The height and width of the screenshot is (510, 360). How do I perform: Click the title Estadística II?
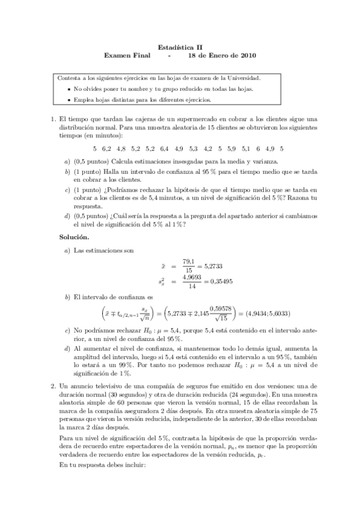[180, 45]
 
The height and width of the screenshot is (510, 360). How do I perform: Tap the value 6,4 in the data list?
[163, 148]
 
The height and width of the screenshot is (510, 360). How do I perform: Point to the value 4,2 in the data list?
[208, 148]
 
